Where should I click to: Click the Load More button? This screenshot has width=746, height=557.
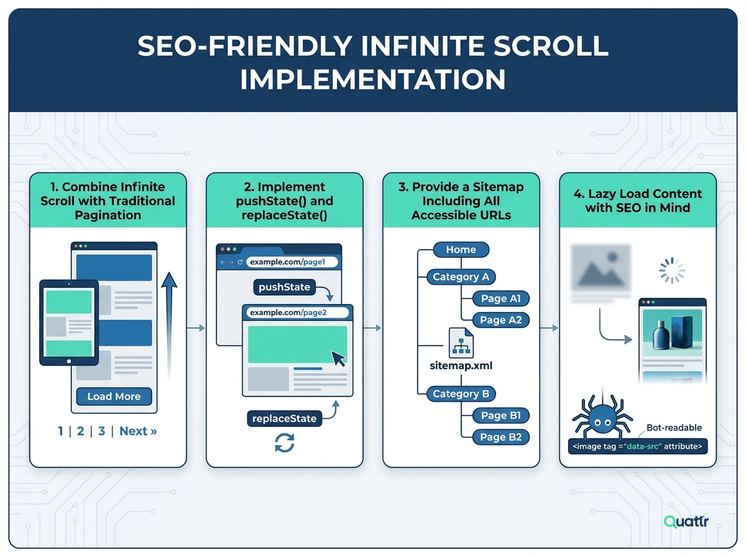click(114, 396)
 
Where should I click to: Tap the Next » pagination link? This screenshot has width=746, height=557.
click(138, 431)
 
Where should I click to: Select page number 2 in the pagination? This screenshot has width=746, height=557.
click(80, 431)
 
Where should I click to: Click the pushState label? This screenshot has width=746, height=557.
click(284, 287)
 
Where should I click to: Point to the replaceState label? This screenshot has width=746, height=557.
click(284, 418)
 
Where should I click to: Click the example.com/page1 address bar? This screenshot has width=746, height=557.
click(292, 262)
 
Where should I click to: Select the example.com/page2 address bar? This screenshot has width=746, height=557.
click(297, 312)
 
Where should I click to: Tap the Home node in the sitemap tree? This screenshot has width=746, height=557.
click(461, 249)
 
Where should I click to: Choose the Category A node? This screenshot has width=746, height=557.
click(461, 277)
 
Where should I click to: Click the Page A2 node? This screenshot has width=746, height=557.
click(500, 320)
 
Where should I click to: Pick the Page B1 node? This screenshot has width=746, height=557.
click(500, 415)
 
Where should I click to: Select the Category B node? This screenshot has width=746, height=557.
click(461, 394)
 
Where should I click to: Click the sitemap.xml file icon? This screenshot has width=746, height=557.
click(461, 343)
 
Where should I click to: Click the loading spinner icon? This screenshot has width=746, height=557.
click(671, 270)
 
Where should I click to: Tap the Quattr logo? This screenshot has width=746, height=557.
click(686, 521)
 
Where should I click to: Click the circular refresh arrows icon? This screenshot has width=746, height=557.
click(285, 443)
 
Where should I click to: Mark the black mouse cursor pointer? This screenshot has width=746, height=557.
click(338, 359)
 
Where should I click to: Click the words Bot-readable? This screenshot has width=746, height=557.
click(674, 428)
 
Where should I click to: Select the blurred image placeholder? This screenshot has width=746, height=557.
click(601, 268)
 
